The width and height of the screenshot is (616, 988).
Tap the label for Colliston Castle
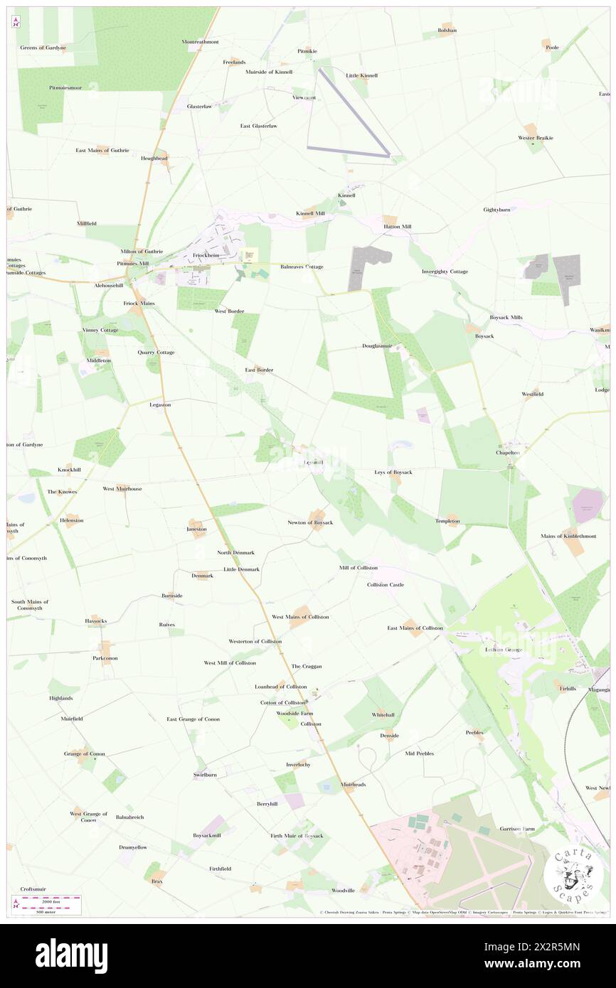(x=386, y=584)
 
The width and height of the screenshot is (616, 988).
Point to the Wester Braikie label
(x=536, y=137)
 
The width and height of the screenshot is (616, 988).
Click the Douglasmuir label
(x=377, y=346)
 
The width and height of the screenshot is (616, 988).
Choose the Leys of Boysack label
(x=393, y=472)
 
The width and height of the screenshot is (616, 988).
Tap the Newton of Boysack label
(x=310, y=522)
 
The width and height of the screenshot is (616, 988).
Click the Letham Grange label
(x=504, y=649)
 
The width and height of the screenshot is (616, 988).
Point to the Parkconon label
(x=105, y=658)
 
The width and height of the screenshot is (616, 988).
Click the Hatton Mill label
(x=398, y=227)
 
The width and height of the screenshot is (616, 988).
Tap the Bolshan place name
(x=447, y=31)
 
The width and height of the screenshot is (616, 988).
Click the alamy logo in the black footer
(x=71, y=955)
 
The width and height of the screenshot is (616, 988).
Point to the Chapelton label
(x=508, y=452)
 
